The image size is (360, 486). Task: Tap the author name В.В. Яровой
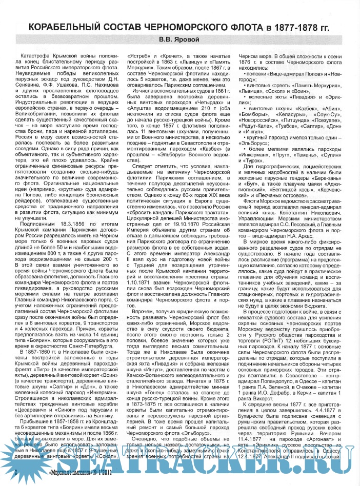coord(181,40)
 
